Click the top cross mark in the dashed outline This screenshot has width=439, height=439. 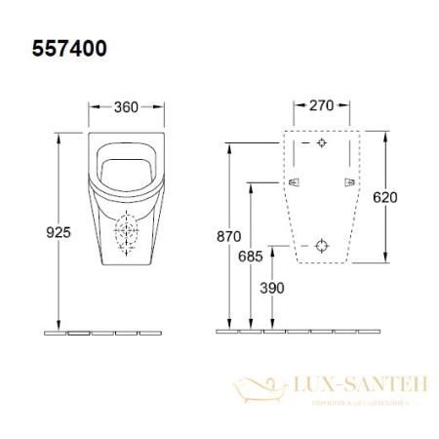[x=323, y=142]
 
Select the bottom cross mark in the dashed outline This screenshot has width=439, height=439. [x=323, y=246]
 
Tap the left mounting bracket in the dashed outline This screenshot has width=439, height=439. [x=295, y=182]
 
